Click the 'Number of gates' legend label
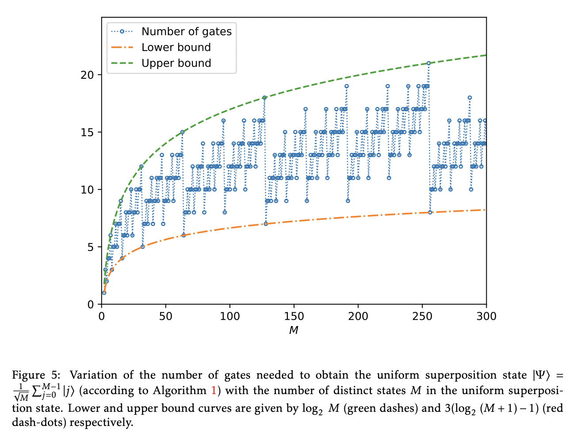(186, 31)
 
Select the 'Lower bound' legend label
(176, 47)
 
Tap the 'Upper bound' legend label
(176, 63)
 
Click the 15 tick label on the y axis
(87, 132)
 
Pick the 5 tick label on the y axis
(90, 247)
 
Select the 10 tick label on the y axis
(87, 190)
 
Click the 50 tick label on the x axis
(166, 316)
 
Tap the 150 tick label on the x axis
(294, 316)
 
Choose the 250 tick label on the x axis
(422, 316)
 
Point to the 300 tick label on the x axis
(486, 316)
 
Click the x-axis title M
(294, 330)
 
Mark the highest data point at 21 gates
(428, 63)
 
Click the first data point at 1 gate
(104, 292)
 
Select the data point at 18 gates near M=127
(264, 98)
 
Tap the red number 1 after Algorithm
(215, 391)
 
